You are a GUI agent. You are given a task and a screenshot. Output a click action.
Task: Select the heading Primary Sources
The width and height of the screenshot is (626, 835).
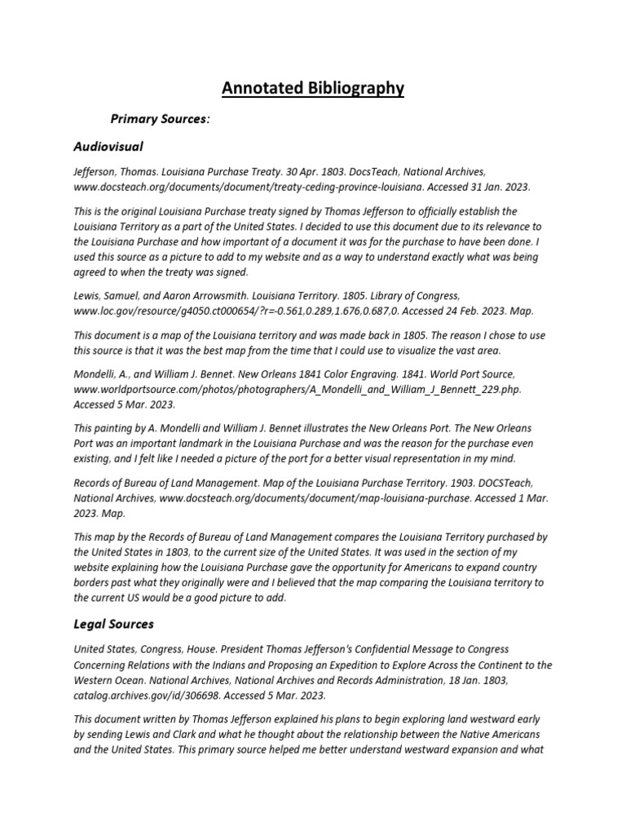160,119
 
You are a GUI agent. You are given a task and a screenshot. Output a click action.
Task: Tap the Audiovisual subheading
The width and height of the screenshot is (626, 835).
108,147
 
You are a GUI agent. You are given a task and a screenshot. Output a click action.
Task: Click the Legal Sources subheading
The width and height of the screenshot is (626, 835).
113,624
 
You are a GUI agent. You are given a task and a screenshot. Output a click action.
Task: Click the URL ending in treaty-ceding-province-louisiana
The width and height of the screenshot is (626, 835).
247,187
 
